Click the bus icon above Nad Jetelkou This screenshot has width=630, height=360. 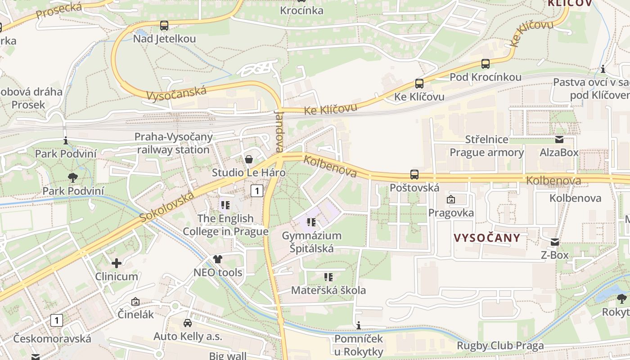pos(164,26)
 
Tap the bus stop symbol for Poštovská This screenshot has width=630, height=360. pos(414,174)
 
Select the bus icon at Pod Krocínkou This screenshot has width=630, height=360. pos(485,64)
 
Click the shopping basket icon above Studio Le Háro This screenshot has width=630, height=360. pos(248,159)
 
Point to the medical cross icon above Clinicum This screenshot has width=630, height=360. pos(117,263)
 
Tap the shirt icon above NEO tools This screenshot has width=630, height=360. pos(218,259)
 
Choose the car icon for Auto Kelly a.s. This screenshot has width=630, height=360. pos(188,323)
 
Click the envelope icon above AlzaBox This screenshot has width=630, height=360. pos(559,139)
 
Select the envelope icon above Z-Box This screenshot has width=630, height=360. pos(555,242)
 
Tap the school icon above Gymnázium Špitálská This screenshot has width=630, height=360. pos(311,222)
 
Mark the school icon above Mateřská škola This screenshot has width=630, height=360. pos(328,277)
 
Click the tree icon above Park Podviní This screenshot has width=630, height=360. pos(72,177)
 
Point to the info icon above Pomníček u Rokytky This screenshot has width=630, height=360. pos(359,325)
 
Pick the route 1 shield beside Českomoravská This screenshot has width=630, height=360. pos(56,320)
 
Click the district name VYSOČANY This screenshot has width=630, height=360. pos(487,238)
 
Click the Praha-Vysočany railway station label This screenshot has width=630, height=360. pos(173,143)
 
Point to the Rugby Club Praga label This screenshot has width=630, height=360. pos(500,346)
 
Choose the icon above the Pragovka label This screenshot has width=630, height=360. pos(450,199)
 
